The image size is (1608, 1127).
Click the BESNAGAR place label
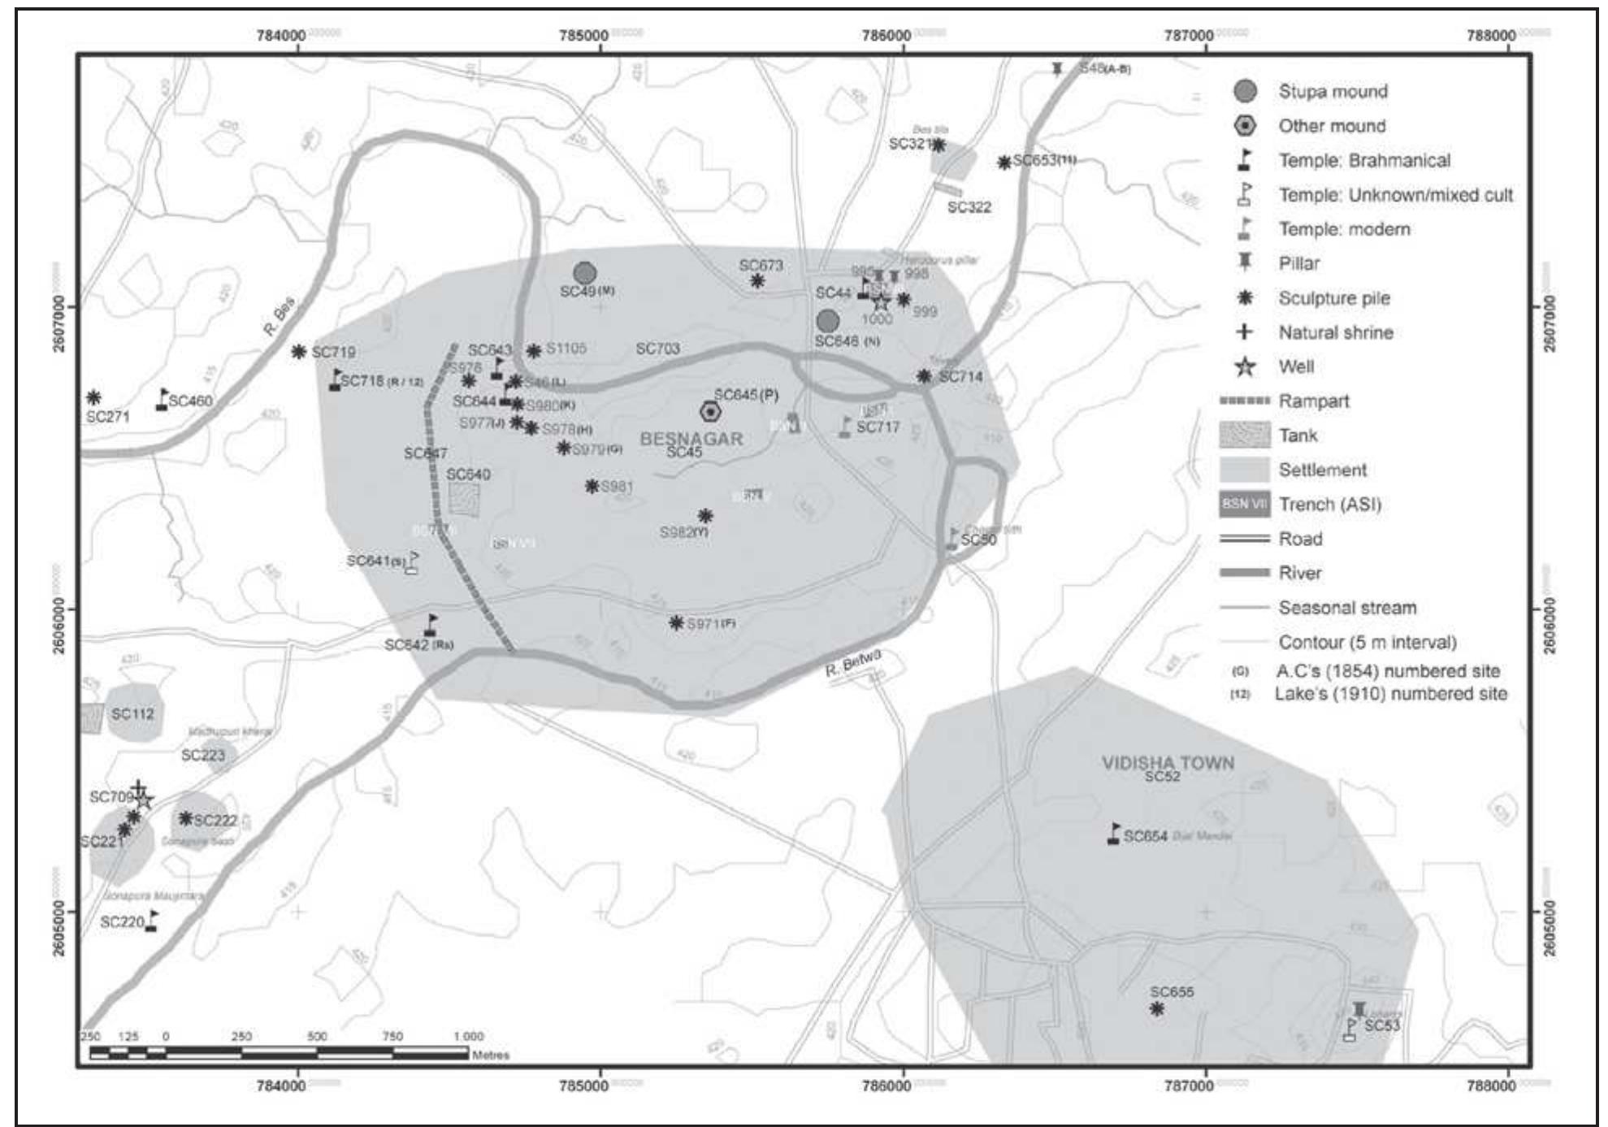pos(691,439)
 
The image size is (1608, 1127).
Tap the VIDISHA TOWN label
pos(1168,763)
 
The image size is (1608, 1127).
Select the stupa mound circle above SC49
pos(584,274)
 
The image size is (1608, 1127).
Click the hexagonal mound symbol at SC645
pos(710,412)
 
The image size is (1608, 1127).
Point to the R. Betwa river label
pos(852,663)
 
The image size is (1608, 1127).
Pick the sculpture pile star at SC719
pos(299,352)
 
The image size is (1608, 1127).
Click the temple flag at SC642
pos(431,625)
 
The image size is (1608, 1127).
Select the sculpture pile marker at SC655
pos(1157,1009)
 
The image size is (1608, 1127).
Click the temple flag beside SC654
pos(1114,834)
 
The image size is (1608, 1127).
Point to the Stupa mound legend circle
pos(1245,92)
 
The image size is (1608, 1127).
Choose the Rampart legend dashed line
pos(1244,401)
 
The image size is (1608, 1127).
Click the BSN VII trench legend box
pos(1244,504)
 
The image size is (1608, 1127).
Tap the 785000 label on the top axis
pos(583,36)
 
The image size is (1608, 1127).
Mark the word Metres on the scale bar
pos(491,1055)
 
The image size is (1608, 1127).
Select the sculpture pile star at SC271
pos(93,398)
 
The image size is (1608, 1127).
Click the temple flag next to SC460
pos(163,399)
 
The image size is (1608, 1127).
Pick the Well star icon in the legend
pos(1244,367)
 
